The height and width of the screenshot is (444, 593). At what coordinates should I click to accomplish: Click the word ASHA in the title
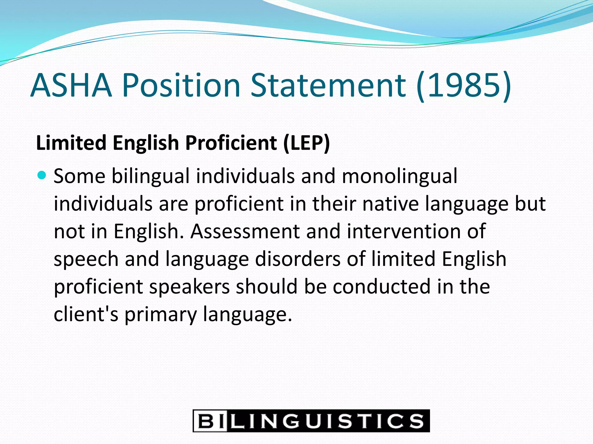pos(71,86)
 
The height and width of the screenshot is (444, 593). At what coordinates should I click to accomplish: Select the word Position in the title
pos(181,86)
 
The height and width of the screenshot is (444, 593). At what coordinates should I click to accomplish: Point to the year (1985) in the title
pos(464,86)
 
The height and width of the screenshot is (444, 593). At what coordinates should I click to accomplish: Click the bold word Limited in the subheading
pos(71,143)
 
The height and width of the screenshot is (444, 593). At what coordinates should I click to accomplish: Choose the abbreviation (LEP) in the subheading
pos(306,143)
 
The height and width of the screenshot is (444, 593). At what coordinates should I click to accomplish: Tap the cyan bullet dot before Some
pos(42,175)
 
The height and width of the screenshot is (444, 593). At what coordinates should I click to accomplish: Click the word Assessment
pos(245,231)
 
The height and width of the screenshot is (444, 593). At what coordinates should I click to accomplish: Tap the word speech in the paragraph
pos(86,259)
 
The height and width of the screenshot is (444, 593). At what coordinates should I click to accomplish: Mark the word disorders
pos(298,259)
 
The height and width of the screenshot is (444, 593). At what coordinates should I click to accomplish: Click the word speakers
pos(189,287)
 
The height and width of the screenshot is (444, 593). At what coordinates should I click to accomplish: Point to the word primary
pos(161,314)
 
